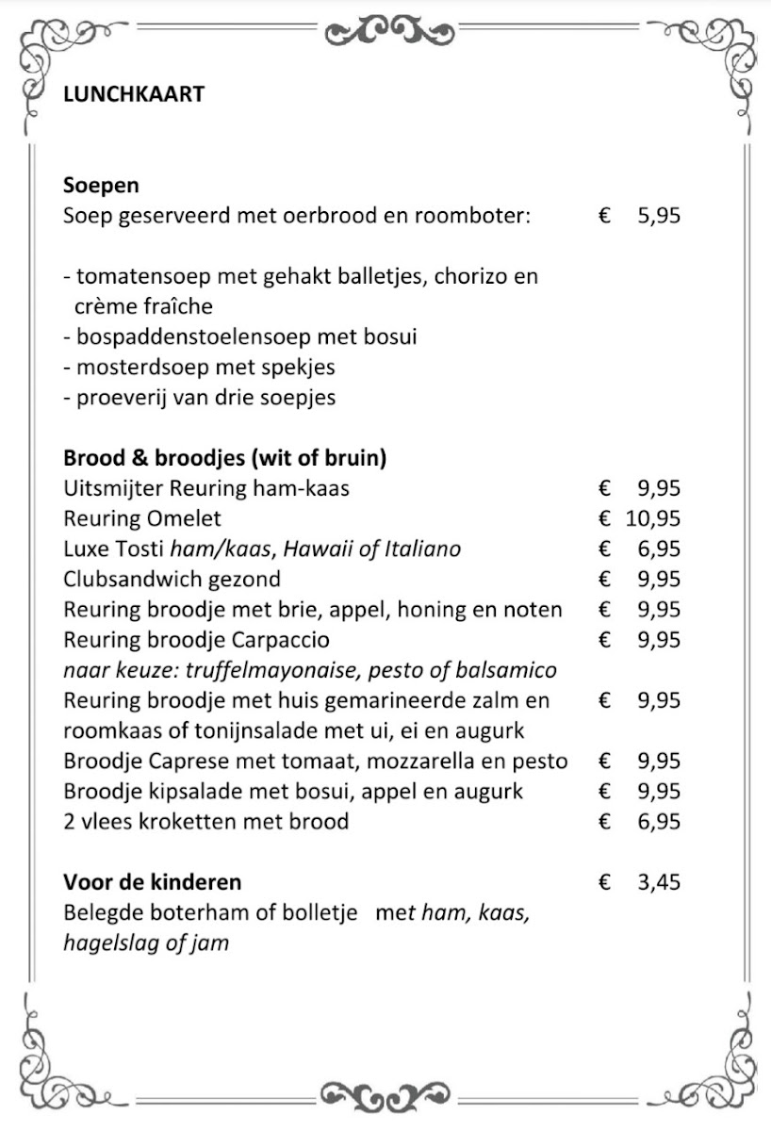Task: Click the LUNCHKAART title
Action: (x=133, y=94)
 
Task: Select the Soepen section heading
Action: (x=101, y=185)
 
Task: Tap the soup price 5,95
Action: (x=658, y=216)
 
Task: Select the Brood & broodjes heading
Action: (x=225, y=458)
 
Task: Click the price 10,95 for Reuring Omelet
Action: (x=652, y=518)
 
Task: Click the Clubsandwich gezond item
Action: (x=172, y=579)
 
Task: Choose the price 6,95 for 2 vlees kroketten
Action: (x=658, y=822)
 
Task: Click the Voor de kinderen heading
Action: (x=152, y=882)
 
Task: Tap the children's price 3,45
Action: (x=658, y=883)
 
